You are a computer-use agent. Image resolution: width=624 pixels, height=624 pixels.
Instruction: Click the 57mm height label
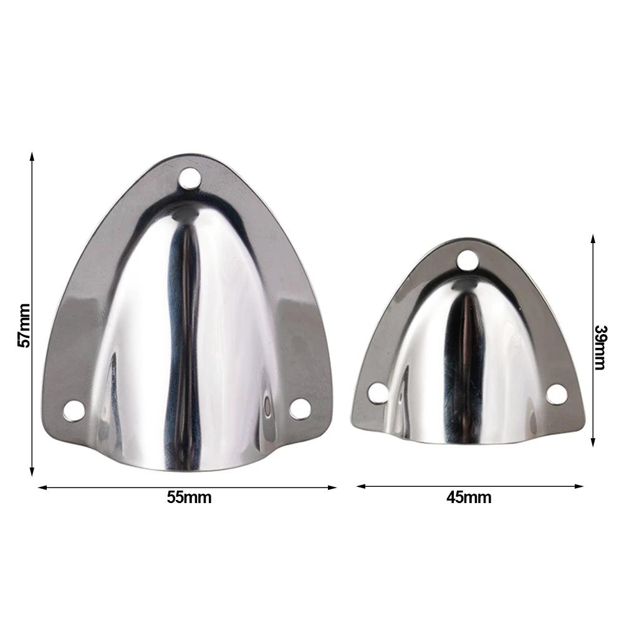[23, 325]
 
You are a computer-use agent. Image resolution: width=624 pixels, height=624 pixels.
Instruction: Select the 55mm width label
[189, 497]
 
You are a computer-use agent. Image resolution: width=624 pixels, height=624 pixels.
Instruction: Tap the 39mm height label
[600, 347]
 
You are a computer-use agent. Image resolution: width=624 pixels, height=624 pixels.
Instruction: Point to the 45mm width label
[469, 497]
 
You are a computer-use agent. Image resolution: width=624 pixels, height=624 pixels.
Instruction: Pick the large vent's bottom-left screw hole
[75, 410]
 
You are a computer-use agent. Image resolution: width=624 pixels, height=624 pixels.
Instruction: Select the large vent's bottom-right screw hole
[300, 408]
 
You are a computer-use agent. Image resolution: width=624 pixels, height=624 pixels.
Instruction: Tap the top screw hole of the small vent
[467, 261]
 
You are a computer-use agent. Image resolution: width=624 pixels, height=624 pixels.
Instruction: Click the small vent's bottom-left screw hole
[377, 393]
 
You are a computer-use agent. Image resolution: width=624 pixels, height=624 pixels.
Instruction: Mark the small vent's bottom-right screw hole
[557, 393]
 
